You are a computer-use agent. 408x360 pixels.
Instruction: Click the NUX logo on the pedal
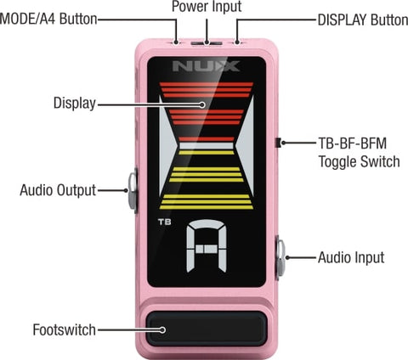click(207, 66)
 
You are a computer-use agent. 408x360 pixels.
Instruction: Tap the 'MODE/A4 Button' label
click(48, 20)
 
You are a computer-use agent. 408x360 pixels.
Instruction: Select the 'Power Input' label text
click(207, 7)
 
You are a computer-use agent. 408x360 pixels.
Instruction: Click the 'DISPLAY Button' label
click(363, 20)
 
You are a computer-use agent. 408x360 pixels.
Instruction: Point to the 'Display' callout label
click(75, 103)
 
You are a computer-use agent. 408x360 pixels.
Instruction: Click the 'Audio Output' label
click(58, 190)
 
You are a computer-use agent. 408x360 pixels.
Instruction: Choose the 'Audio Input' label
click(351, 257)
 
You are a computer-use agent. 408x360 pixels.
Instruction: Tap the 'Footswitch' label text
click(65, 329)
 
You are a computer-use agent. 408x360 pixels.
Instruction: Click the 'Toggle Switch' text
click(360, 161)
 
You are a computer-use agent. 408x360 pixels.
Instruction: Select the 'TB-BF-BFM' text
click(353, 143)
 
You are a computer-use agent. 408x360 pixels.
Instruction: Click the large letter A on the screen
click(207, 246)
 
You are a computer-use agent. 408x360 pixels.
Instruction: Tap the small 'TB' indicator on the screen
click(165, 222)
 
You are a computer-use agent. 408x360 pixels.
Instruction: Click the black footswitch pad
click(207, 329)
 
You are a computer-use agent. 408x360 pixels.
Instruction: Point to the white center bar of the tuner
click(207, 146)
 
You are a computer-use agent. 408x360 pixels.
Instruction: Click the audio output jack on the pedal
click(133, 190)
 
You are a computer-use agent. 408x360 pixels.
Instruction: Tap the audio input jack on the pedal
click(280, 257)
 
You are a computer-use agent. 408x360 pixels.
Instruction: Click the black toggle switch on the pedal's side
click(277, 143)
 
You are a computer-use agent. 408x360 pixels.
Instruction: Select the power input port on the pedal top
click(207, 43)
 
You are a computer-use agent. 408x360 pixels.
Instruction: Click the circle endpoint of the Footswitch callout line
click(162, 329)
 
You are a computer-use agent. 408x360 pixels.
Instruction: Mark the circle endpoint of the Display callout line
click(202, 104)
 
